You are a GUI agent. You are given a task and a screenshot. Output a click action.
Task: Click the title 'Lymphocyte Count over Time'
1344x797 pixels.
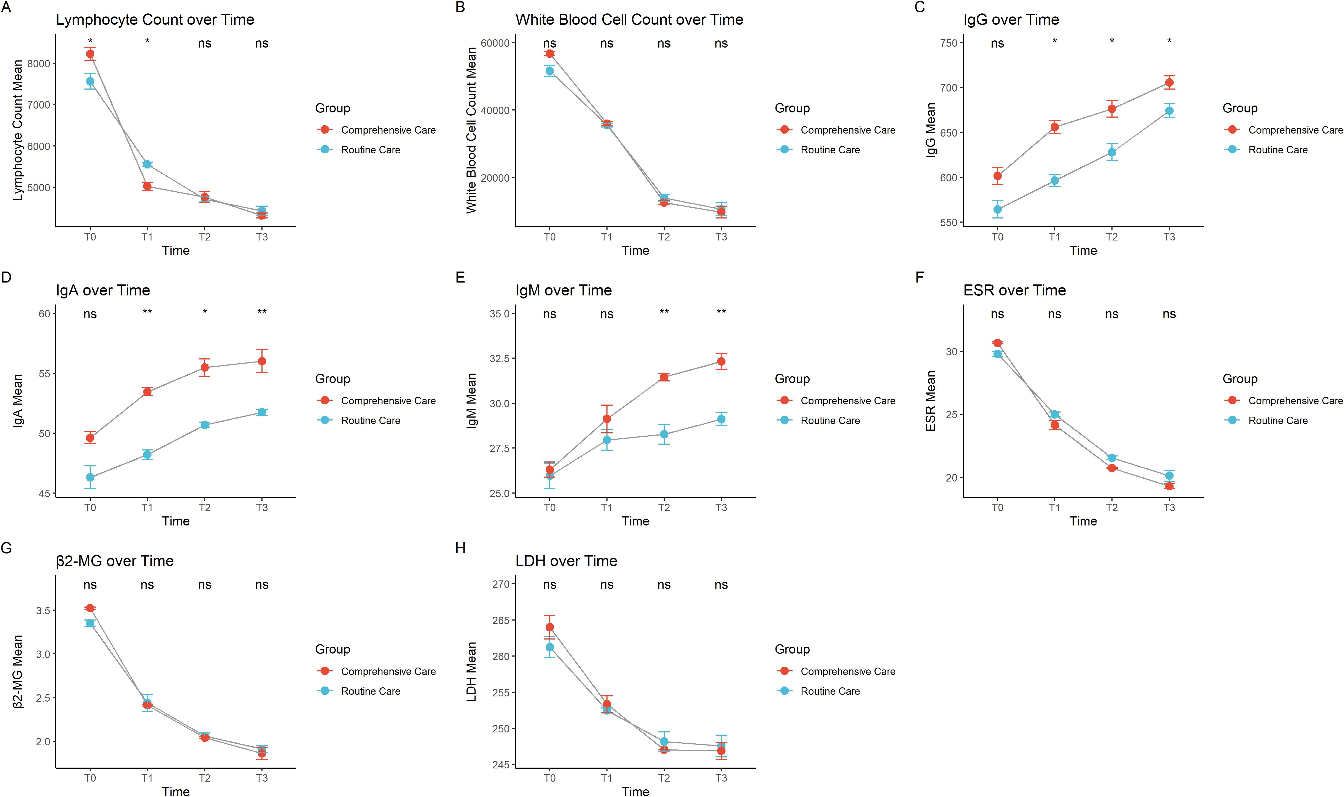[155, 20]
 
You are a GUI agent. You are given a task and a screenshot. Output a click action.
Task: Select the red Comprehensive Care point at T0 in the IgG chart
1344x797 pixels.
[998, 176]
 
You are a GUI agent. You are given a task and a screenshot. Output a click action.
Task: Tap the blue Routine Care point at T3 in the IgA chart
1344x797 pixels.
[262, 412]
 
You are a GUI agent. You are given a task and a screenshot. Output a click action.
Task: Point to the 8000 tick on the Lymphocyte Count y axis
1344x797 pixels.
[39, 63]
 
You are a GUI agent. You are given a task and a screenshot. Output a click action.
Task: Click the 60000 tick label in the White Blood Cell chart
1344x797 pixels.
[495, 43]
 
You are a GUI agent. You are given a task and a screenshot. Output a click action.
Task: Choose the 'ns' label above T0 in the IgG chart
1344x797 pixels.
[998, 43]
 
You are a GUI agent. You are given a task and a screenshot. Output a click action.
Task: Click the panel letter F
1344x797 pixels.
[920, 277]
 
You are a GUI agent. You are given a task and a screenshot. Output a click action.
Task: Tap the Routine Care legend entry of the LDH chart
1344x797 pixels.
[830, 691]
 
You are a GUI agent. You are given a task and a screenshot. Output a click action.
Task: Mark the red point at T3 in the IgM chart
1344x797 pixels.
[721, 361]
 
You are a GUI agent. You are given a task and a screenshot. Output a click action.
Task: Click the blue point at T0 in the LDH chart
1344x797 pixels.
[550, 647]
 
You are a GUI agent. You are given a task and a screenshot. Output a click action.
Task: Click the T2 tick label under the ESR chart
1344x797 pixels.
[1111, 508]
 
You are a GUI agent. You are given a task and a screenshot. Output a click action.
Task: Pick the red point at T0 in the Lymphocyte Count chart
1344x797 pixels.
[90, 54]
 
